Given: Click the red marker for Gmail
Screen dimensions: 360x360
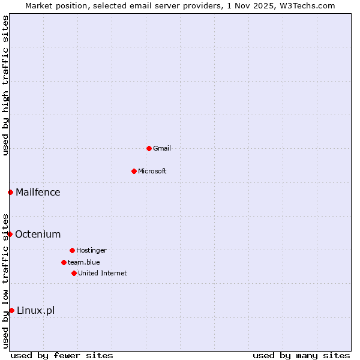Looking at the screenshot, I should [149, 148].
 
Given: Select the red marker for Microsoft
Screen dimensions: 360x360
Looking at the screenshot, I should [134, 171].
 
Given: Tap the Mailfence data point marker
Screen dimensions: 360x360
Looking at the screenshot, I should [10, 192].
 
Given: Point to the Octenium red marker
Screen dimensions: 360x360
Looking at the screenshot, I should [10, 234].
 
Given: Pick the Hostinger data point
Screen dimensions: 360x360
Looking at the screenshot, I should [72, 250].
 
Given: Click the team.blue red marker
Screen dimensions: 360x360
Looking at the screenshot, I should [64, 262].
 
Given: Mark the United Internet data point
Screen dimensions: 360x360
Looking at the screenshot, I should [74, 273].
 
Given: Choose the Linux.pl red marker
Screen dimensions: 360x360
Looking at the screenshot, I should [11, 310].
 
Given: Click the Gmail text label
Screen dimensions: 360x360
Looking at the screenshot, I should [162, 148].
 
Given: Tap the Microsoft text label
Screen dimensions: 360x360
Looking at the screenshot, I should [152, 171].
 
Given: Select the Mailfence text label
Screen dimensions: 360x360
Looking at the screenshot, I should [38, 192].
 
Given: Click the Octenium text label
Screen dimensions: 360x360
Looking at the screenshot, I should [38, 234].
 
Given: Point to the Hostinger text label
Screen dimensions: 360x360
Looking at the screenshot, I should [91, 250].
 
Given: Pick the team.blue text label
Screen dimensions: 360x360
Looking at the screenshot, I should [84, 262].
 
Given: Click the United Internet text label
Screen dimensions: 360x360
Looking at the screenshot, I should [103, 273].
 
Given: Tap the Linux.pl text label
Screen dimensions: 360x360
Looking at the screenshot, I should [35, 310].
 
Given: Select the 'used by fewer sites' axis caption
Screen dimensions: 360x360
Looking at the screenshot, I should [62, 355].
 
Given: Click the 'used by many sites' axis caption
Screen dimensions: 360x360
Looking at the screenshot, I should [301, 355].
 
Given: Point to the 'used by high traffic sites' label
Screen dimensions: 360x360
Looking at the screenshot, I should [5, 85].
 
